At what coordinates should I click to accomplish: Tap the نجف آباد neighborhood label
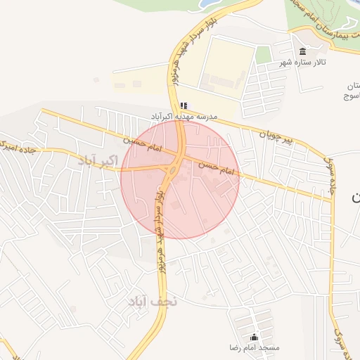pyautogui.click(x=146, y=301)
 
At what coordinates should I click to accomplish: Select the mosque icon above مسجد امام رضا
pyautogui.click(x=255, y=337)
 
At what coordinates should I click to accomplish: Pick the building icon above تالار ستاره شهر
pyautogui.click(x=302, y=51)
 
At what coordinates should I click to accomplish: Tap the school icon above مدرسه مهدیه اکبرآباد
pyautogui.click(x=184, y=105)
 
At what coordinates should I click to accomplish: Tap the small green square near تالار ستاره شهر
pyautogui.click(x=263, y=55)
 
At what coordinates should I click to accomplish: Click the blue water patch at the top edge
pyautogui.click(x=208, y=4)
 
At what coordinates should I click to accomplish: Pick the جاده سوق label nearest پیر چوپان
pyautogui.click(x=330, y=172)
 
